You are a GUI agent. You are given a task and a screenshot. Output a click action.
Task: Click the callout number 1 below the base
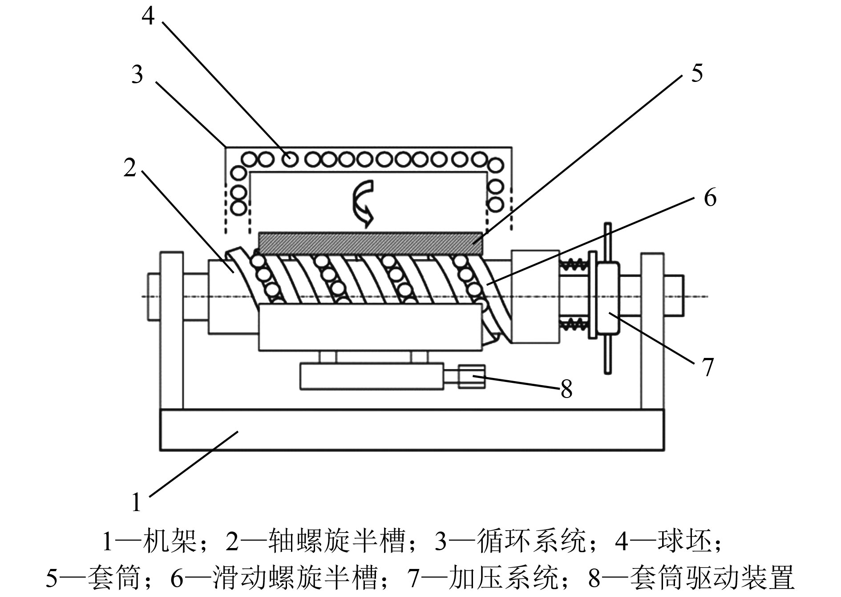[x=137, y=502]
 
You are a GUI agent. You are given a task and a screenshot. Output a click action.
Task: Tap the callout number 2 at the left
[x=129, y=168]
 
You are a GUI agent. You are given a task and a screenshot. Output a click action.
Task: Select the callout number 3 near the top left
[x=137, y=74]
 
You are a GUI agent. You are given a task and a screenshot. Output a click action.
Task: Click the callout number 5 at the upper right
[x=696, y=73]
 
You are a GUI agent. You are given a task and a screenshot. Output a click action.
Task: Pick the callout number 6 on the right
[x=710, y=197]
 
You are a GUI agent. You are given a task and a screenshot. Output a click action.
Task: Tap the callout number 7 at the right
[x=707, y=367]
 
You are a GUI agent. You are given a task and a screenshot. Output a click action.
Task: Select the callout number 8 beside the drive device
[x=566, y=389]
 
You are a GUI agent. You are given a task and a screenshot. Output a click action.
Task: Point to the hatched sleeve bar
[x=370, y=244]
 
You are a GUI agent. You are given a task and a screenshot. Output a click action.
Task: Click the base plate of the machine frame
[x=412, y=430]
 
